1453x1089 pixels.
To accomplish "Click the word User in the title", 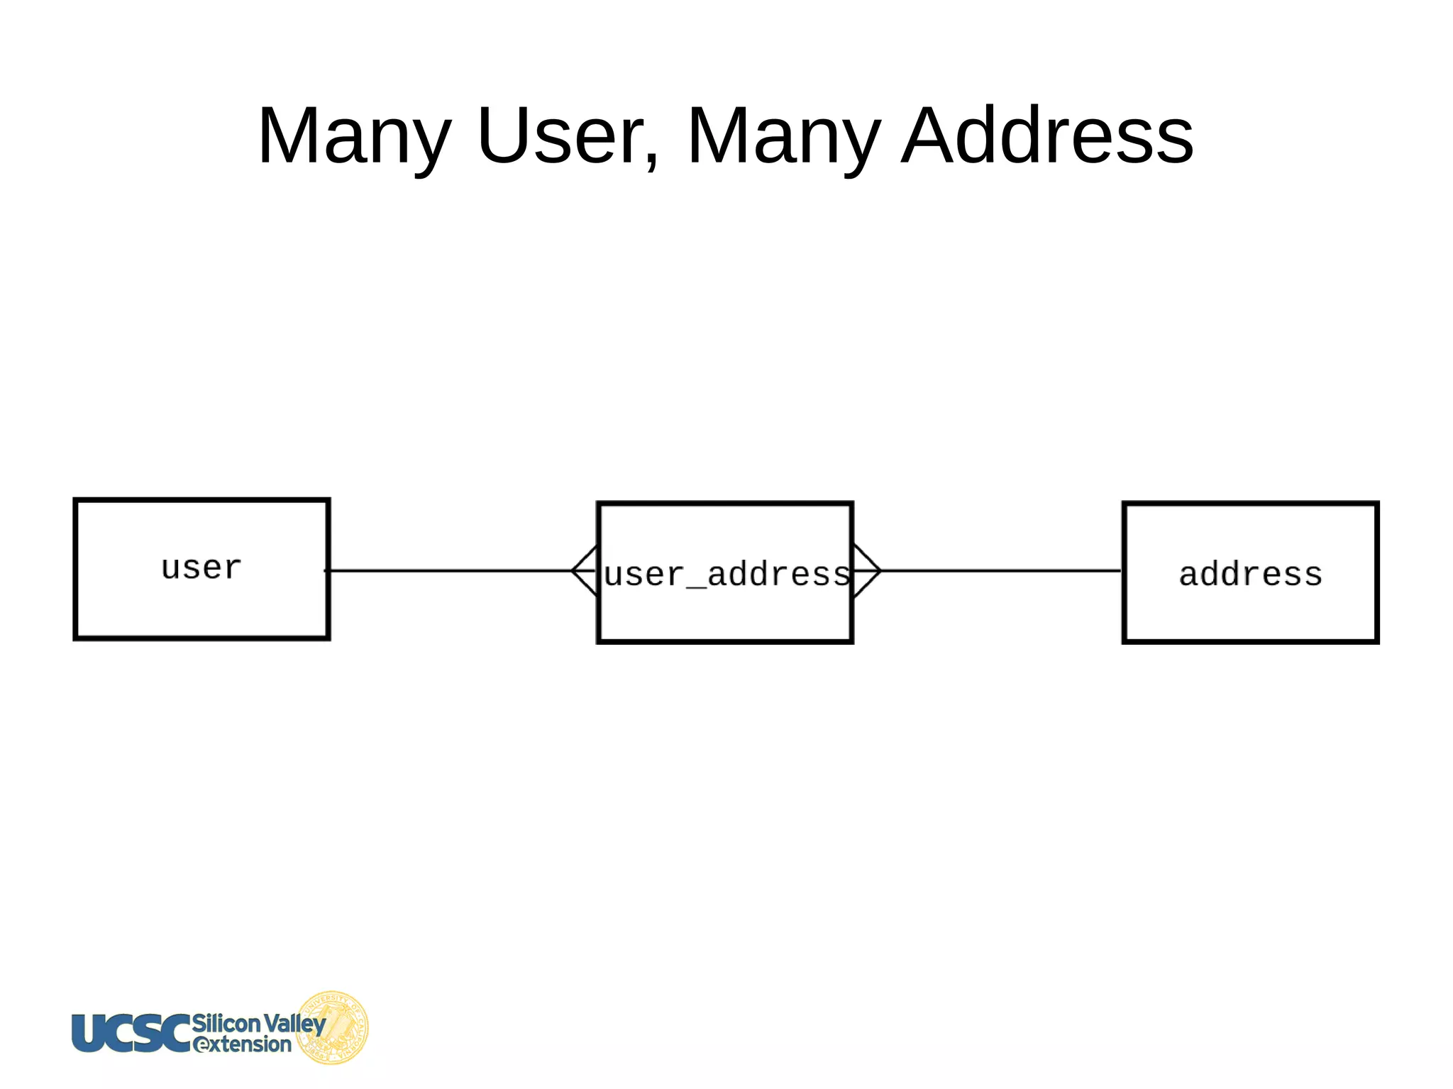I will [x=560, y=135].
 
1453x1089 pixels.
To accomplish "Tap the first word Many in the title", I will [x=354, y=135].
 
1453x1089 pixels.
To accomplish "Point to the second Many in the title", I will [x=784, y=135].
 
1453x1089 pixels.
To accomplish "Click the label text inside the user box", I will [x=201, y=568].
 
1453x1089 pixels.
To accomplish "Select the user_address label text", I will [x=726, y=574].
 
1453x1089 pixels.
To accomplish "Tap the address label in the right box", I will [x=1250, y=574].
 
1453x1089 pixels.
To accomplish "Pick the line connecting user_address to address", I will [x=1000, y=570].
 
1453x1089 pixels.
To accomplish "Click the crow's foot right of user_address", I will [x=866, y=570].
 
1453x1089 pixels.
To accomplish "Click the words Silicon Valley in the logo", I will [x=258, y=1023].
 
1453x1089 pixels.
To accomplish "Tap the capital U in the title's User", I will [x=503, y=135].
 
